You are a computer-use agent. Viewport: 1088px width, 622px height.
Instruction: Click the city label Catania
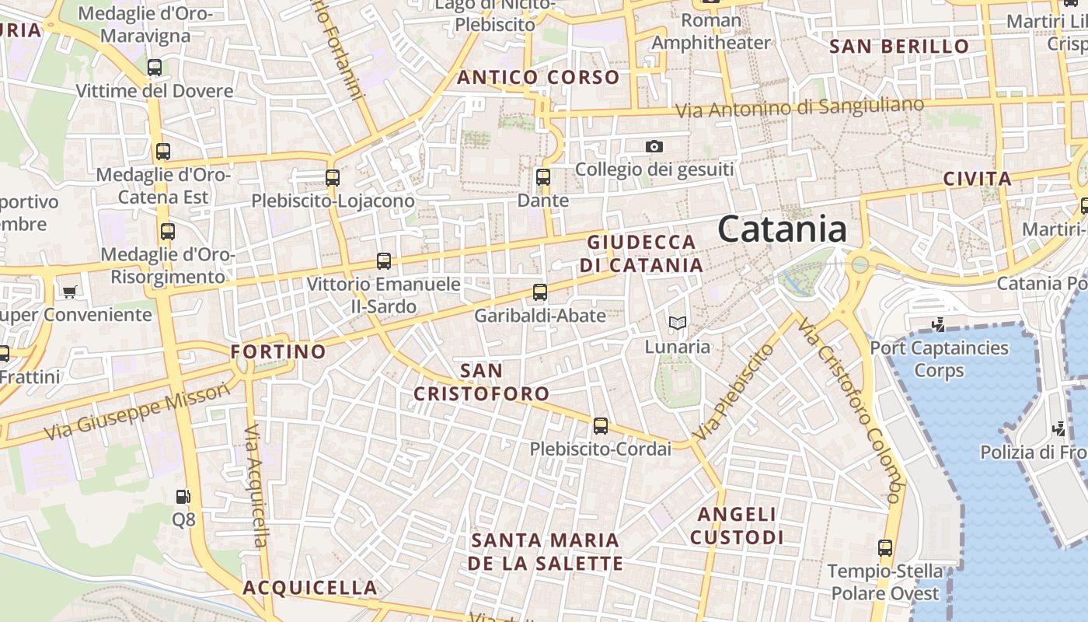point(782,229)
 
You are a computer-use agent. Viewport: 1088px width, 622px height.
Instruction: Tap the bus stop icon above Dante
point(543,177)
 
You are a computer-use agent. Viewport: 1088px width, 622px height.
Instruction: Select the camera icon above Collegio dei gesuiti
point(654,146)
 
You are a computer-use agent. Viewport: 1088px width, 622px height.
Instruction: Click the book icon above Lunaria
point(678,323)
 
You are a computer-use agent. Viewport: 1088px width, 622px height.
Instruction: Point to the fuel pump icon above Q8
point(183,496)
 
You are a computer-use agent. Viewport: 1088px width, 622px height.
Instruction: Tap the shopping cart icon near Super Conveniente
point(70,292)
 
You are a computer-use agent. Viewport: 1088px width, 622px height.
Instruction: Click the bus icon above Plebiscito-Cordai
point(601,426)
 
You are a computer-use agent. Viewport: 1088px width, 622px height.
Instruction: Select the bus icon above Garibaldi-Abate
point(540,292)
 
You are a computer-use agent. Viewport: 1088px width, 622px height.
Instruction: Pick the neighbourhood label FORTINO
point(278,351)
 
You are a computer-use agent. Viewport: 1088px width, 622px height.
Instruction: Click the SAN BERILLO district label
point(899,46)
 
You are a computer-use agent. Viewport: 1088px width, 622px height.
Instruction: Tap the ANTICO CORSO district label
point(538,77)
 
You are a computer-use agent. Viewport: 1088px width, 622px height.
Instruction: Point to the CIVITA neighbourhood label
point(977,179)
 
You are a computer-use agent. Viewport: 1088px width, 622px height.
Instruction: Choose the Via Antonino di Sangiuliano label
point(800,107)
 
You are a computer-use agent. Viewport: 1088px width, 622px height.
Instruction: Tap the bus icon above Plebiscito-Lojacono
point(333,177)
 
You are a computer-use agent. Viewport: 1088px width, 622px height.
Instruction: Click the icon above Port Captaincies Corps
point(939,324)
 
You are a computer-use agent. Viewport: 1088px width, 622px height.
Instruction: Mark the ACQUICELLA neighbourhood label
point(310,587)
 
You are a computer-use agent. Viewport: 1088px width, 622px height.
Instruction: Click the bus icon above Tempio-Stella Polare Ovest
point(884,548)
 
